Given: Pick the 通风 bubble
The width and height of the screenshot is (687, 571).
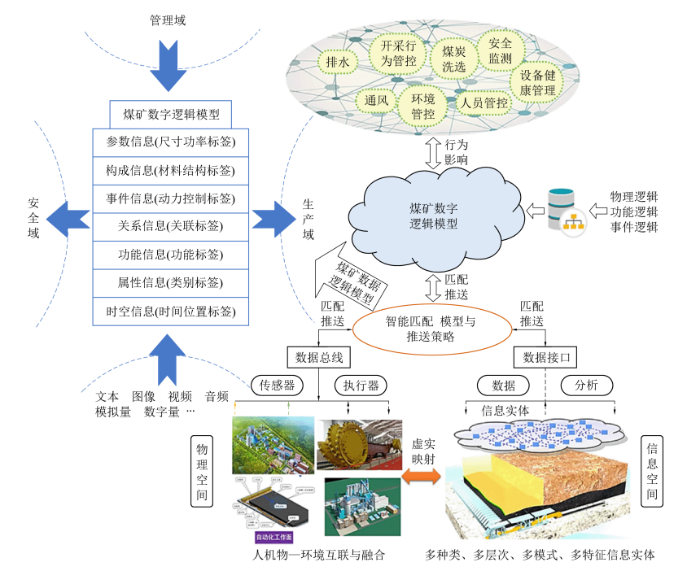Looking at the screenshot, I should [376, 101].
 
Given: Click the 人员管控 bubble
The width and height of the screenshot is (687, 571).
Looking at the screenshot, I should [484, 103].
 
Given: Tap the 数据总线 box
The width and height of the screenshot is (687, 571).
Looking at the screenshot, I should [315, 356].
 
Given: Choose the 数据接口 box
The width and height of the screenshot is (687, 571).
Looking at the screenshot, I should [545, 356].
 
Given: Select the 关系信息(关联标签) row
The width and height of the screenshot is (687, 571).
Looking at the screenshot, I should [170, 226].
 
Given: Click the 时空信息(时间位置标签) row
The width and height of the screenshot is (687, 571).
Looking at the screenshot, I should [170, 312].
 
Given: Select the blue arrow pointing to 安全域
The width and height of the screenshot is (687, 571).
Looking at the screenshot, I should [68, 218].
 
